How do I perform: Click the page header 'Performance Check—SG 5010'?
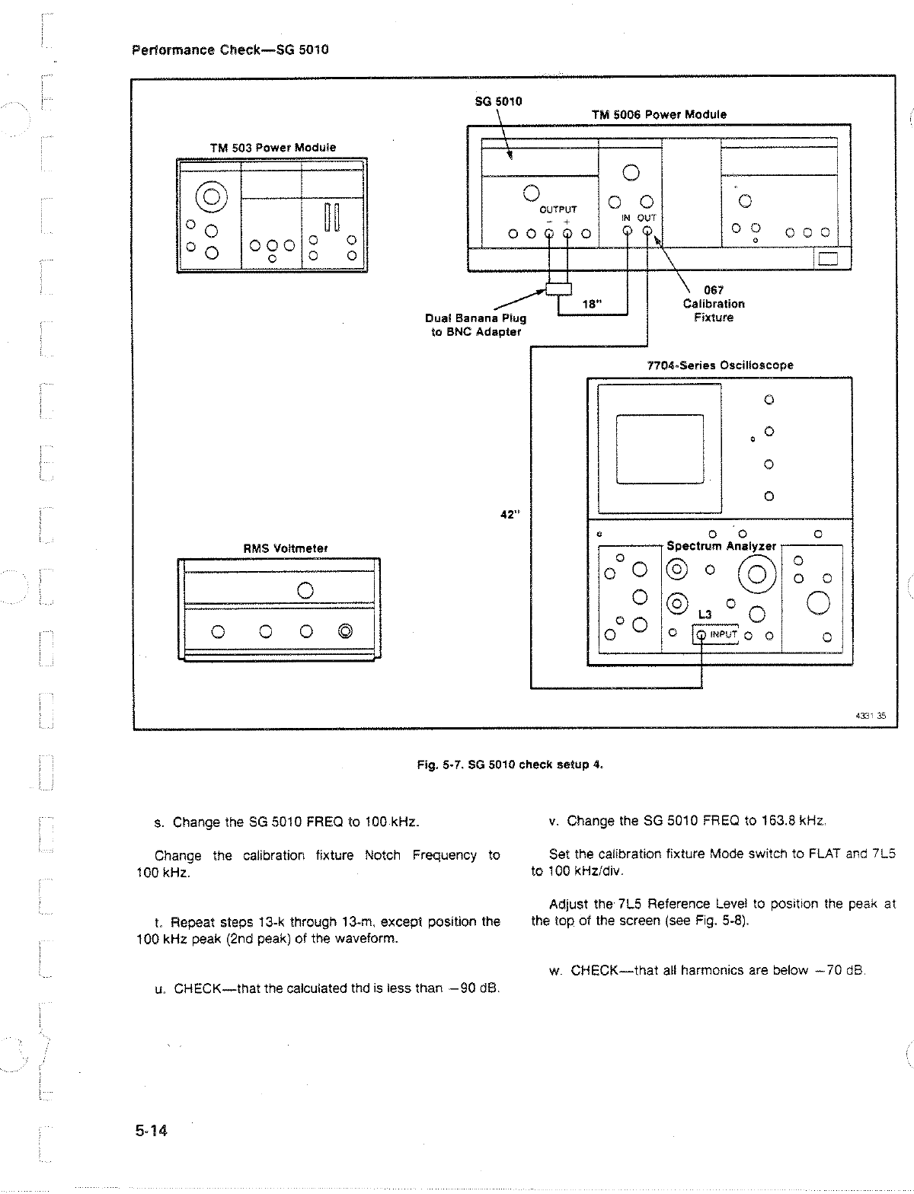coord(230,51)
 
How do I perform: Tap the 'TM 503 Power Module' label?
coord(273,148)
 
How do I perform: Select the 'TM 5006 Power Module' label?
coord(659,114)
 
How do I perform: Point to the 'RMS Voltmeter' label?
coord(275,548)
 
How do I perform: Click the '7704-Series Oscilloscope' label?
coord(720,366)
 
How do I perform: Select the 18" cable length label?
coord(592,304)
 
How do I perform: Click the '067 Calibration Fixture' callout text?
coord(714,304)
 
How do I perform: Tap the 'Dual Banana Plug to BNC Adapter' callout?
coord(476,324)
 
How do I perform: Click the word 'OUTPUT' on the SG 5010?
coord(558,209)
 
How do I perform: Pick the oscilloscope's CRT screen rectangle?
coord(659,449)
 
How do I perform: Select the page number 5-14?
coord(151,1131)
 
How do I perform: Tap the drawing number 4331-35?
coord(866,715)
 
